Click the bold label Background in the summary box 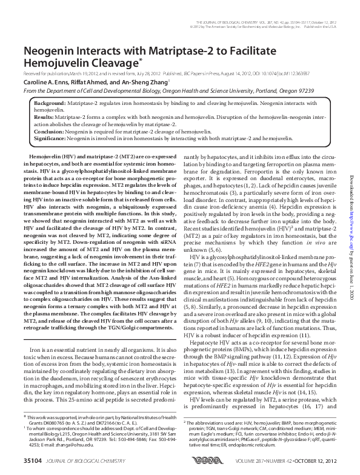[48, 105]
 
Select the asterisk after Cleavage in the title [140, 59]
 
